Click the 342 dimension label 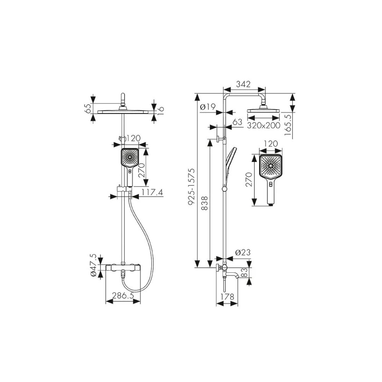[x=243, y=84]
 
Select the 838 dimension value [x=205, y=203]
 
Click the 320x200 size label [x=264, y=125]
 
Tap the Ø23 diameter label [x=243, y=253]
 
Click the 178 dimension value [x=227, y=297]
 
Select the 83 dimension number [x=244, y=273]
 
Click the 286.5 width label [x=123, y=296]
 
